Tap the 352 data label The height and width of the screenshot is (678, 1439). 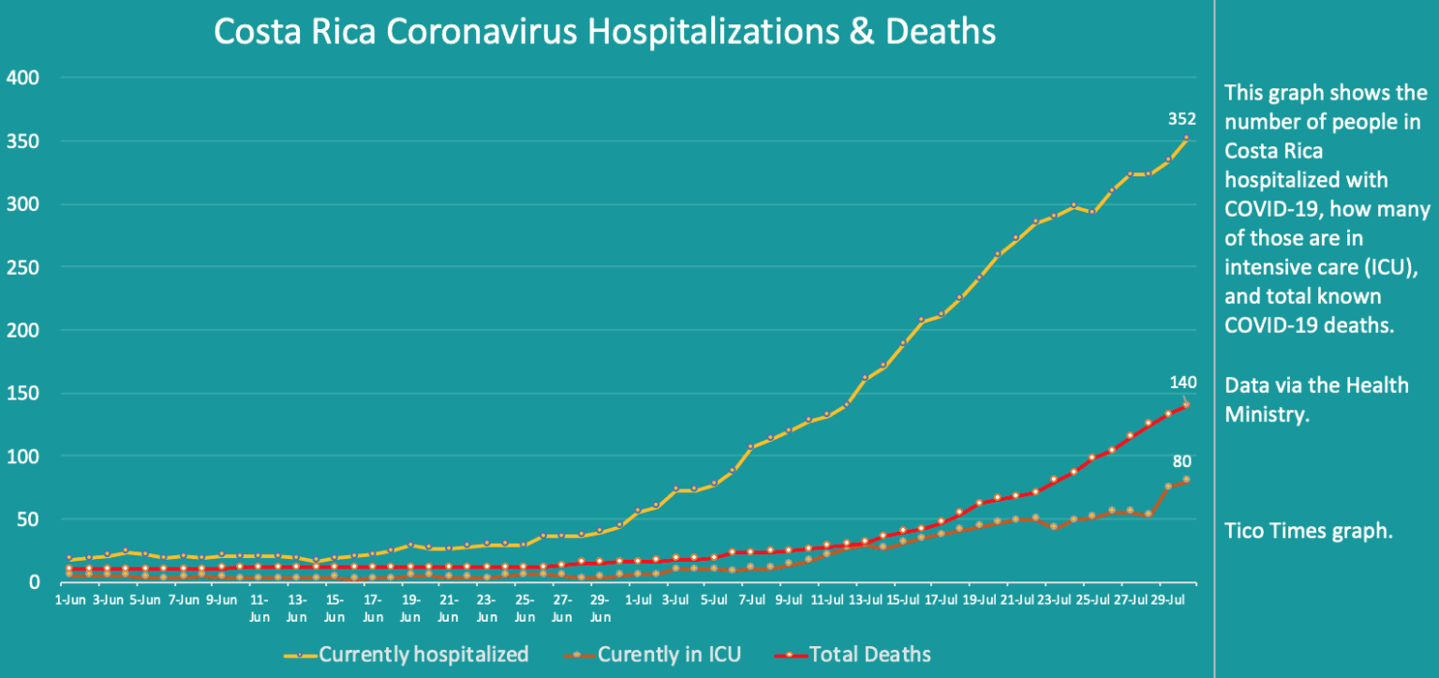(1182, 118)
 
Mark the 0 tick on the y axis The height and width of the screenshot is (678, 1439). (33, 582)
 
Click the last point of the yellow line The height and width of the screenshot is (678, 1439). (1187, 138)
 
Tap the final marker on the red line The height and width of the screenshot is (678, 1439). (1187, 405)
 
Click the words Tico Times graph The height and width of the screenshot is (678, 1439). (1309, 531)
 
